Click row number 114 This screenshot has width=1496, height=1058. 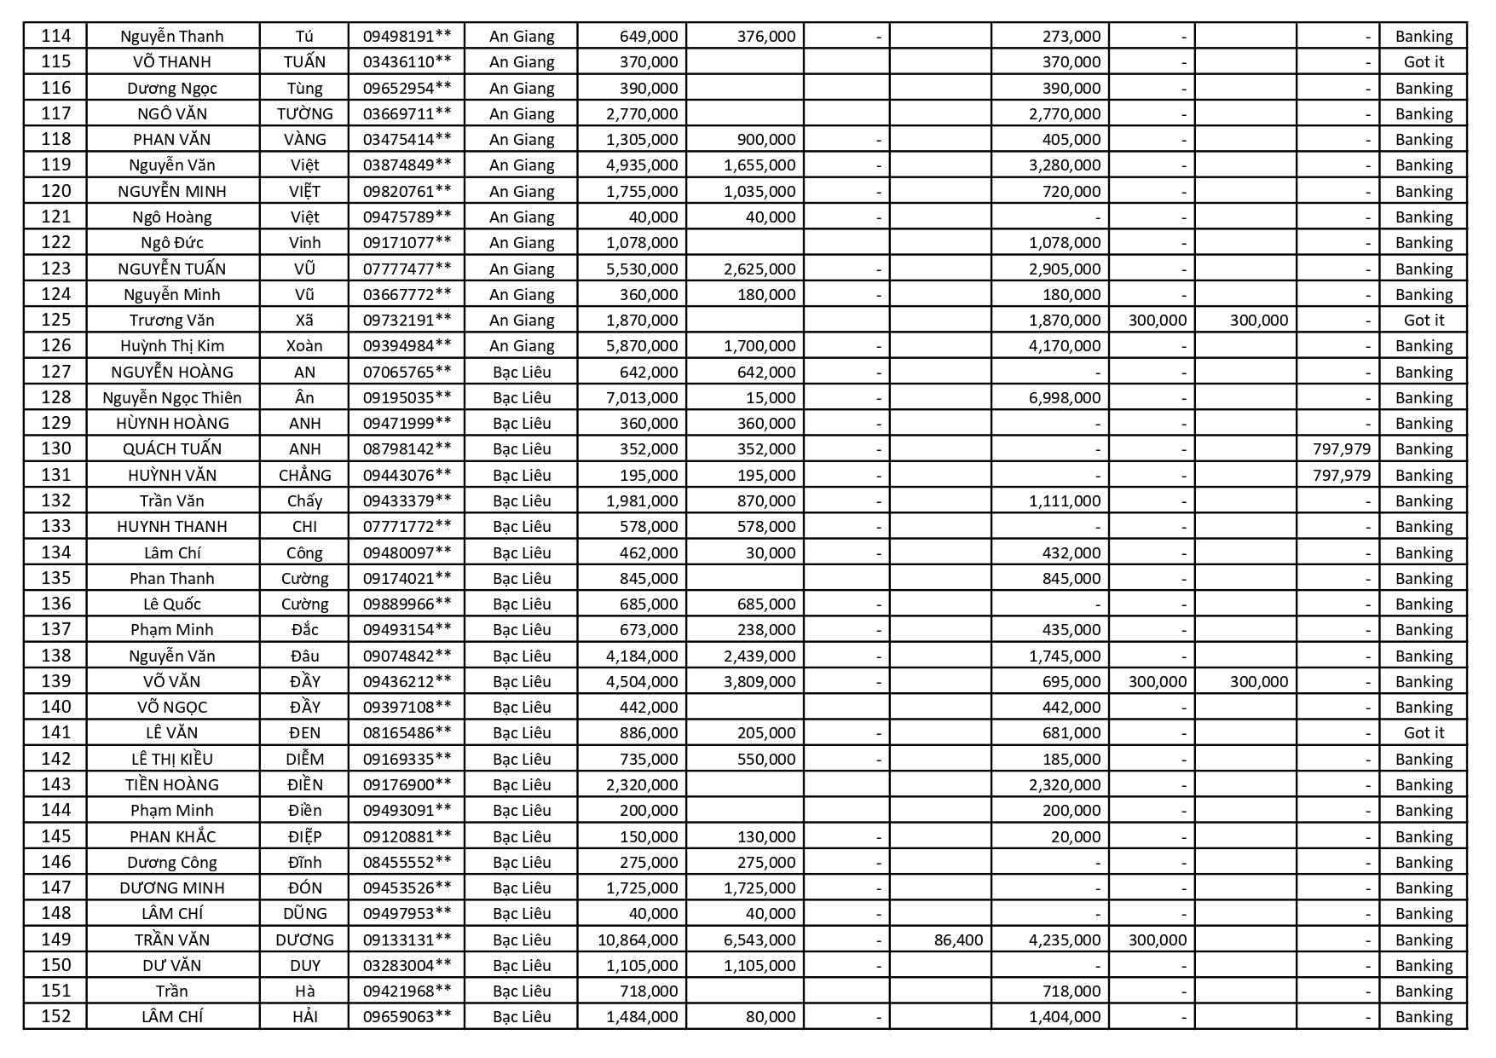point(55,36)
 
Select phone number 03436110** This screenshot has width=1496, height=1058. point(407,61)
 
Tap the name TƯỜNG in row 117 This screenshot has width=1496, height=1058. point(304,113)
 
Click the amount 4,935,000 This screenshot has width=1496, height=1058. point(642,165)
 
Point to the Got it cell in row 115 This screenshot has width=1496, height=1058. point(1424,61)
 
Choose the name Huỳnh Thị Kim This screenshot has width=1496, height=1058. point(172,345)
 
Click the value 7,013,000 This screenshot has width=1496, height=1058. point(642,397)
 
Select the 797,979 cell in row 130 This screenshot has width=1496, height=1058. point(1342,448)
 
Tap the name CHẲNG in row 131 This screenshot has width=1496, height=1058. point(304,475)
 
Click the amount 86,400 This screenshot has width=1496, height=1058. point(958,939)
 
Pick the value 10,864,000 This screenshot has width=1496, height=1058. point(638,939)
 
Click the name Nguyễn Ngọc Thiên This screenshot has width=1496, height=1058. point(172,397)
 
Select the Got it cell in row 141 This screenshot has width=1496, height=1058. point(1424,732)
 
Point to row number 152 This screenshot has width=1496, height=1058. point(55,1016)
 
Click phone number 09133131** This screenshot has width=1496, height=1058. point(407,939)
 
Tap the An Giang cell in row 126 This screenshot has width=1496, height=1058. point(522,345)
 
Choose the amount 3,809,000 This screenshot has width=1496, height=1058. point(760,681)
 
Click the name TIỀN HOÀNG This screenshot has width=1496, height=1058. point(172,784)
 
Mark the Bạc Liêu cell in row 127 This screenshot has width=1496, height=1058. point(522,372)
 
